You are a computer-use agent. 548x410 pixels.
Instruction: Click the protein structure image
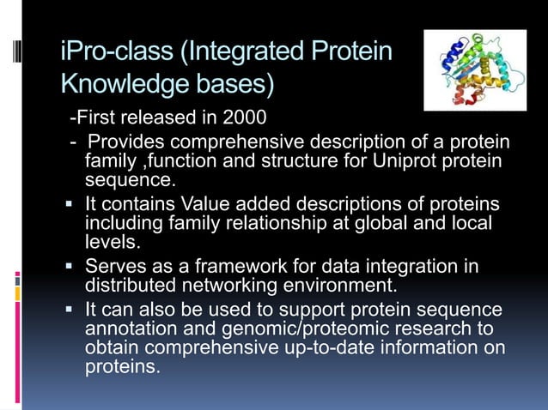click(x=474, y=70)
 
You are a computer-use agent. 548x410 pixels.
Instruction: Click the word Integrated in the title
click(x=259, y=53)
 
